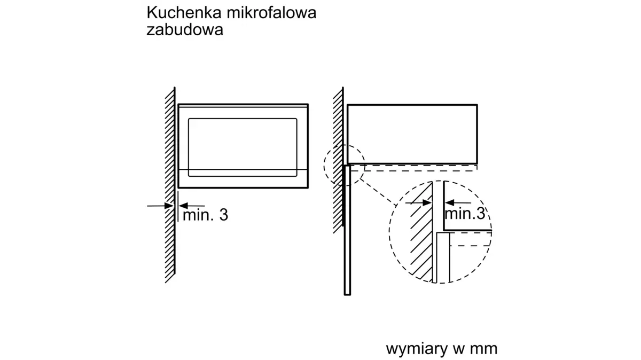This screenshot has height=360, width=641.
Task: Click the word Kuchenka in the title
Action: (x=184, y=13)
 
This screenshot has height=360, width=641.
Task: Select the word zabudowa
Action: (x=185, y=29)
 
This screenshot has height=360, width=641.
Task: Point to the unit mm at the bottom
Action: (x=483, y=349)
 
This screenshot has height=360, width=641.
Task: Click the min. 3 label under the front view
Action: (x=205, y=215)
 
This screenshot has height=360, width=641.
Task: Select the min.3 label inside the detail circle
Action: (x=465, y=214)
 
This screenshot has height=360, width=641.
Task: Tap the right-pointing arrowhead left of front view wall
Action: (x=169, y=206)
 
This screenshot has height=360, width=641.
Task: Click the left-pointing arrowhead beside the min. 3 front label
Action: (x=183, y=206)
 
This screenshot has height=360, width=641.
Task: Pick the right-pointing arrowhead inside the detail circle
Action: (x=427, y=203)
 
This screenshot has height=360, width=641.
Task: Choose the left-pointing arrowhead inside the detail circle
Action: (x=449, y=203)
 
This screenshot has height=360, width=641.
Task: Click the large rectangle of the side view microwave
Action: (x=412, y=105)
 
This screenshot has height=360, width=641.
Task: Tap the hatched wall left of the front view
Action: (x=170, y=185)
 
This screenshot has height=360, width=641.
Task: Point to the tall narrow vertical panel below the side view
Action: (x=347, y=230)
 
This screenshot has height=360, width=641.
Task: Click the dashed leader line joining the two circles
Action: (x=378, y=192)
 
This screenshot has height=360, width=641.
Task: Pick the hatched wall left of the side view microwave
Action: (x=338, y=160)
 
